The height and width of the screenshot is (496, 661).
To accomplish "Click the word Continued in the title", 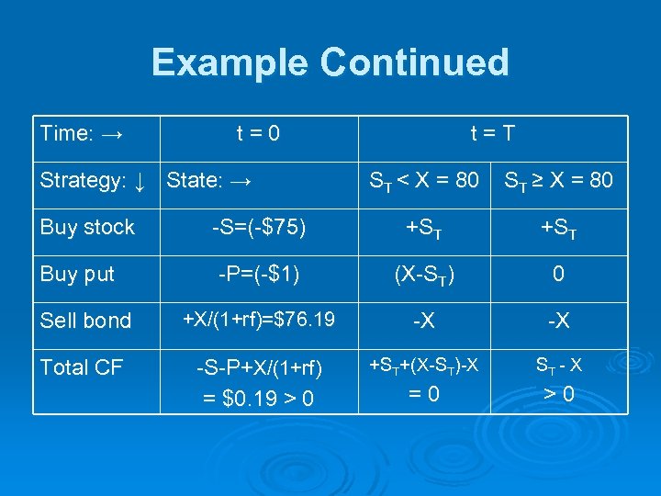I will (x=415, y=62).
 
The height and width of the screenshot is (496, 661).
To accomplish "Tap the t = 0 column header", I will (x=258, y=133).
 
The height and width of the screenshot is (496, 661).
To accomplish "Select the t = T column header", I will (x=492, y=133).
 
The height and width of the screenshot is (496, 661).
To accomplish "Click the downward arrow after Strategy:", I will (x=139, y=180).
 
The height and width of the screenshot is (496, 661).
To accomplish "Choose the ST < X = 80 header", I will (x=424, y=181).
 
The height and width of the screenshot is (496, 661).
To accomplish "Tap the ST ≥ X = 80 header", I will (x=557, y=181).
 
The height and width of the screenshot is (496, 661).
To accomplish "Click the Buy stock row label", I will (x=87, y=227).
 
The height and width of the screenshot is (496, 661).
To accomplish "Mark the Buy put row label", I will (x=77, y=274).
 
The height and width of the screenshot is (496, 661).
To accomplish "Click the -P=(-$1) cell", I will (x=258, y=274).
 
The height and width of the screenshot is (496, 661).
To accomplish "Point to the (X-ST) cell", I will (x=423, y=275).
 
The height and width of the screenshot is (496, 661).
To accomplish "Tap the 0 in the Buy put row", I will (x=557, y=274).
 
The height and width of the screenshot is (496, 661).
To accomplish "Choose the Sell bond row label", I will (x=85, y=321).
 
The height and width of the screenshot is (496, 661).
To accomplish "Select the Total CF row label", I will (x=81, y=367).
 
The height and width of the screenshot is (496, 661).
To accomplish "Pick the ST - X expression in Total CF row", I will (x=557, y=366).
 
